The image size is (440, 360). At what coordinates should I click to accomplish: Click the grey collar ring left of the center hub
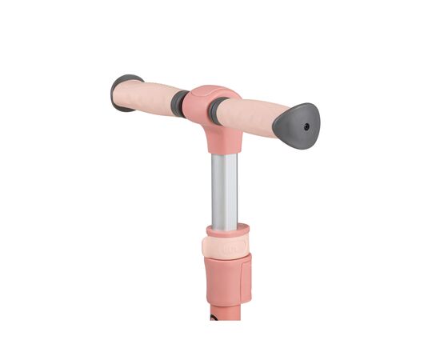[x=182, y=103]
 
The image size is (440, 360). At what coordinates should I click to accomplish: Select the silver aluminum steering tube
[x=225, y=188]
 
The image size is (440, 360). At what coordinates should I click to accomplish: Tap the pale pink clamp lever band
[x=228, y=243]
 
